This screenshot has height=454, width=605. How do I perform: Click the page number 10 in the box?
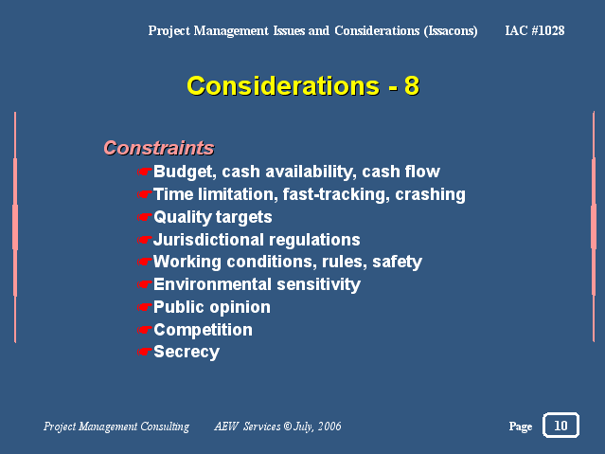point(561,426)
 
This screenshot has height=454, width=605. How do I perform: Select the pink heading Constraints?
point(158,148)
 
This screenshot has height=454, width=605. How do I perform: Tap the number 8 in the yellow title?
point(412,85)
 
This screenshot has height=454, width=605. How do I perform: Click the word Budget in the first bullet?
point(185,172)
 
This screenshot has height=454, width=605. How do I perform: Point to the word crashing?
point(430,194)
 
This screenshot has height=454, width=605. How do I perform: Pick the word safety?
point(397,263)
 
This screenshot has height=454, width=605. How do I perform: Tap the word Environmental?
point(213,284)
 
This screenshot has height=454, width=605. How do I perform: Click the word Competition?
point(203,330)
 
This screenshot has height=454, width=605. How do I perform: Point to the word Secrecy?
point(187,353)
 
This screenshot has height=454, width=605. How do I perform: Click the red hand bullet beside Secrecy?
point(144,352)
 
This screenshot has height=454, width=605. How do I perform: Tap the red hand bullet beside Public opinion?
point(144,307)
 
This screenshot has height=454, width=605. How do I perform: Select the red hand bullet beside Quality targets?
point(144,217)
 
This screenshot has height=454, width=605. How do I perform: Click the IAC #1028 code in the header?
point(535,30)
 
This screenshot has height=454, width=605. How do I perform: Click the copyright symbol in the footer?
point(288,426)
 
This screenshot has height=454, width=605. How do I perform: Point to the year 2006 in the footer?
point(329,426)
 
